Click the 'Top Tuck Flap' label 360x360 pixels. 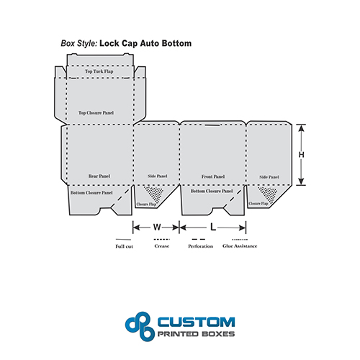point(99,71)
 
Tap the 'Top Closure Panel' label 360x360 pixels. point(96,113)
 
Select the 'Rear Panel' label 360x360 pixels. point(99,176)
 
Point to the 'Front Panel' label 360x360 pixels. point(213,176)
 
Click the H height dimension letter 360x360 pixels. point(302,155)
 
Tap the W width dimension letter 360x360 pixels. point(157,227)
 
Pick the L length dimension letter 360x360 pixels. point(213,227)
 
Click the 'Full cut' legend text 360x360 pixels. point(124,246)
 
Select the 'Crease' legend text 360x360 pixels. point(162,246)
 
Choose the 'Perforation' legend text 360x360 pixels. point(201,246)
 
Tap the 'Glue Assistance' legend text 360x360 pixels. point(240,246)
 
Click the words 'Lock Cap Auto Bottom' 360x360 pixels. point(145,43)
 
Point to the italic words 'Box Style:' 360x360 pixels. point(79,43)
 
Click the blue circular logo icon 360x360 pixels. point(140,326)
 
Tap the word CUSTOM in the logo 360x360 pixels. point(197,322)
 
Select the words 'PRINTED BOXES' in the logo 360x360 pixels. point(196,334)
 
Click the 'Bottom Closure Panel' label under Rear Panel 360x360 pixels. point(91,193)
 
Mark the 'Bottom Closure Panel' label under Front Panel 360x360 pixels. point(212,191)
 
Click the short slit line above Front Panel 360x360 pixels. point(212,125)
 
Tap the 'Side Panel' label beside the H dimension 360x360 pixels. point(269,177)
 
